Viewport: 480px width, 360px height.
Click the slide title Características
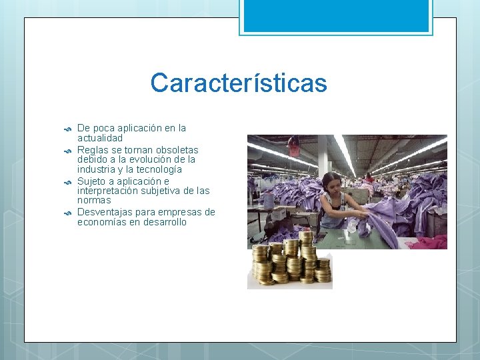239,83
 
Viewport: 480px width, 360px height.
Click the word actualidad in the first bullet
100,137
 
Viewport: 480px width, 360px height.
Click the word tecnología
154,170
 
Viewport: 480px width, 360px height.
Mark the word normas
94,200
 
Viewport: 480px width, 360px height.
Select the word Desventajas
105,213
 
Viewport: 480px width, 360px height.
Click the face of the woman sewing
331,184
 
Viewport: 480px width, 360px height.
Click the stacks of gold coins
290,260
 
